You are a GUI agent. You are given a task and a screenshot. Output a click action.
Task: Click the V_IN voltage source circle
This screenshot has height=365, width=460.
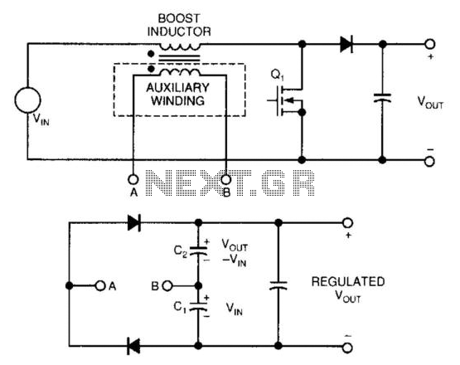(x=28, y=100)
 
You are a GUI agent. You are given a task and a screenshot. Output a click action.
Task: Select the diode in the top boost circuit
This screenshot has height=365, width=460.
(x=346, y=44)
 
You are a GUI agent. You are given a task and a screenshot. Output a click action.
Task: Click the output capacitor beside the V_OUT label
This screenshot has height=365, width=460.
(x=382, y=98)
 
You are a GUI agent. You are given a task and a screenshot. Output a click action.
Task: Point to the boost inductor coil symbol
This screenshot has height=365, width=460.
(x=180, y=46)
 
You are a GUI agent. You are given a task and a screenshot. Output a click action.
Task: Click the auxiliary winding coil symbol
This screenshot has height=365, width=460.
(x=180, y=72)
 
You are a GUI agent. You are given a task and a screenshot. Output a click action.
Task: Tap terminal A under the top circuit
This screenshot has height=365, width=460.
(x=133, y=179)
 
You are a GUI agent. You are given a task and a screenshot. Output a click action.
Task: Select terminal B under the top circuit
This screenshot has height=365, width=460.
(x=226, y=179)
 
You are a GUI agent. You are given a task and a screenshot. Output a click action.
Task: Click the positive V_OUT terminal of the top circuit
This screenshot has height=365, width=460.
(x=430, y=44)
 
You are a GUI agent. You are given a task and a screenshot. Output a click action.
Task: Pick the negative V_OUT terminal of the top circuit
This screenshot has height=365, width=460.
(x=430, y=161)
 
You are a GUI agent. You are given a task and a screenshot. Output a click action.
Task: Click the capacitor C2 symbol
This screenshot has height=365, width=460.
(x=199, y=251)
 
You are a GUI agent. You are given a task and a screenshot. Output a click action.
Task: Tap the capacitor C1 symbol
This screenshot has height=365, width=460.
(x=199, y=306)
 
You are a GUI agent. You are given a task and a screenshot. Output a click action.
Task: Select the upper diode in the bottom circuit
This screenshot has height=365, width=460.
(x=134, y=223)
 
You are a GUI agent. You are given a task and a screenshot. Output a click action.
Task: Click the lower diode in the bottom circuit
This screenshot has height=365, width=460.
(x=133, y=346)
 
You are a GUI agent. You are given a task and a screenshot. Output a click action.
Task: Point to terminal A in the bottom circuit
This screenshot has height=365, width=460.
(x=100, y=285)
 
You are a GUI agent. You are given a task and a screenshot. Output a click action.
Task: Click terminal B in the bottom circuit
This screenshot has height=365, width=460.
(x=167, y=285)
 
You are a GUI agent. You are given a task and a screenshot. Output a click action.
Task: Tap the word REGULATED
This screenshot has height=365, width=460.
(x=348, y=281)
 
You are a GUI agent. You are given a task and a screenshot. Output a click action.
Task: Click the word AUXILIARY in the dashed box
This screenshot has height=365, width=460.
(x=177, y=87)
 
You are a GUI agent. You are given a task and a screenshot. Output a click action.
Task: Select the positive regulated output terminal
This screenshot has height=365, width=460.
(x=347, y=223)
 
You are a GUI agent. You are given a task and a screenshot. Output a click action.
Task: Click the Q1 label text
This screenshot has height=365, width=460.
(x=277, y=75)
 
